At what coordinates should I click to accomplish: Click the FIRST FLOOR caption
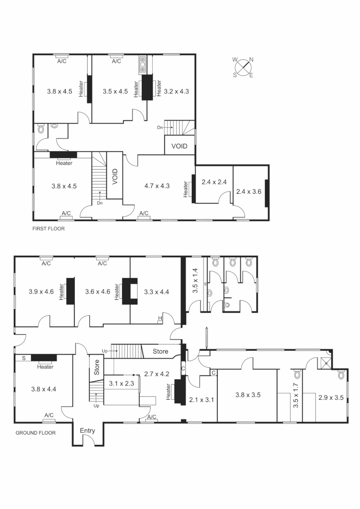48,229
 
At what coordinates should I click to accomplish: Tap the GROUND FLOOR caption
36,433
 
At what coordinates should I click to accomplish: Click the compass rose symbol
243,67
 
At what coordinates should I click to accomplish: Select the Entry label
87,431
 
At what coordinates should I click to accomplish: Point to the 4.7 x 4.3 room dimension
158,186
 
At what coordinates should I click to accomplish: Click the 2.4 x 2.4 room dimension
214,182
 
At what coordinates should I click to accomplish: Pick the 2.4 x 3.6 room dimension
248,192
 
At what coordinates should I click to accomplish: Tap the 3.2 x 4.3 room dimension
176,91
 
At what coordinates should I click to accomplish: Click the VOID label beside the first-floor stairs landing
179,146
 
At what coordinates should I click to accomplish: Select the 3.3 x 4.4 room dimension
155,292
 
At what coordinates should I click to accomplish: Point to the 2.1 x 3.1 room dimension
202,400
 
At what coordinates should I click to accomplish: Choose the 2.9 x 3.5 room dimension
331,398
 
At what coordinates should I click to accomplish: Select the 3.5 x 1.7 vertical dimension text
296,395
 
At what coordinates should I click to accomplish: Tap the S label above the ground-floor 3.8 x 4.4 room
24,358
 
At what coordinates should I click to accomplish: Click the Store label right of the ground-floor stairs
160,351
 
